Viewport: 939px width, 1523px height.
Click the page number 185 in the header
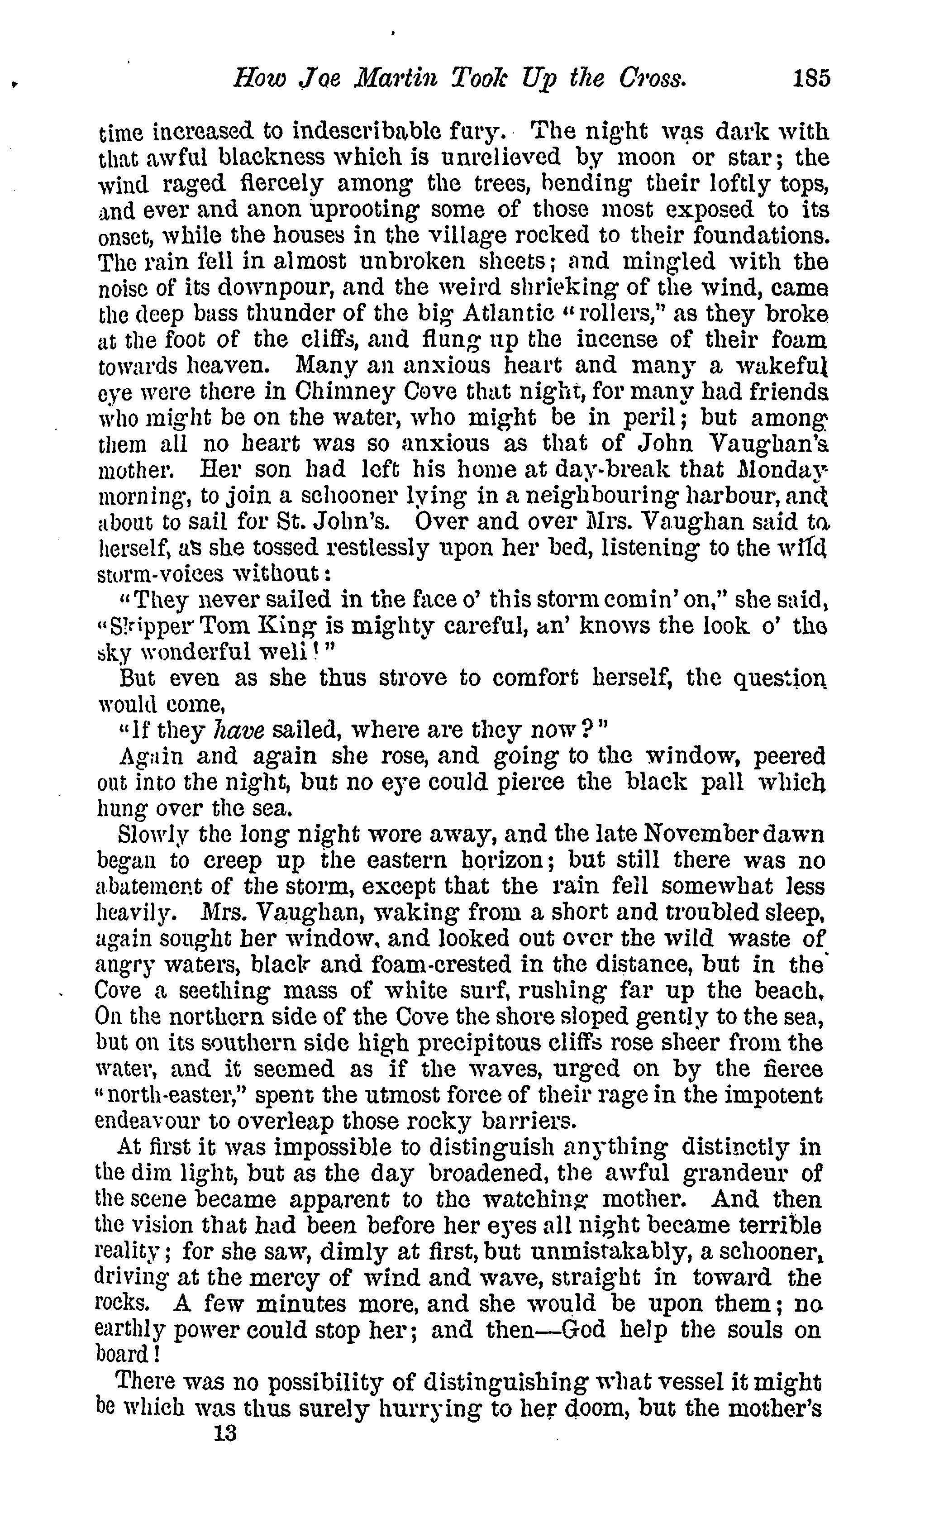pos(810,79)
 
